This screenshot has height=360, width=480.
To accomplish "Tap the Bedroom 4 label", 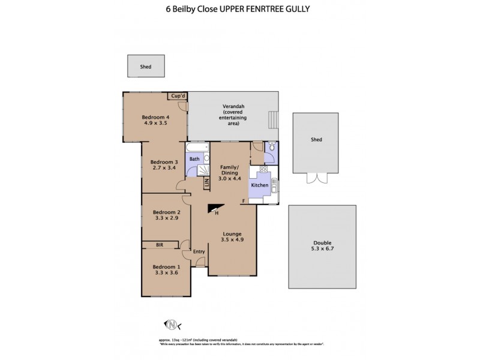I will [156, 117].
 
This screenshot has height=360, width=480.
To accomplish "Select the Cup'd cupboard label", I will [177, 96].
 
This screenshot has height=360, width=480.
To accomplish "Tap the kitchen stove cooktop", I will [263, 170].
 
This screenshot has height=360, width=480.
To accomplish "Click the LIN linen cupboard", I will [206, 183].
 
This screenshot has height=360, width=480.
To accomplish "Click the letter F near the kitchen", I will [243, 200].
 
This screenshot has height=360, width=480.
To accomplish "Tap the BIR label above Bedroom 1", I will [160, 245].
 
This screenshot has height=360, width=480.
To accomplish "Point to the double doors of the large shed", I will [316, 178].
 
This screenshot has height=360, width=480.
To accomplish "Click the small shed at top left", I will [146, 67].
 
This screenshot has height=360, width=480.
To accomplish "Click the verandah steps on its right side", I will [274, 119].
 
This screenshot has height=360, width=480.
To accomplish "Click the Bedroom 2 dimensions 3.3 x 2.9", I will [166, 219].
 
